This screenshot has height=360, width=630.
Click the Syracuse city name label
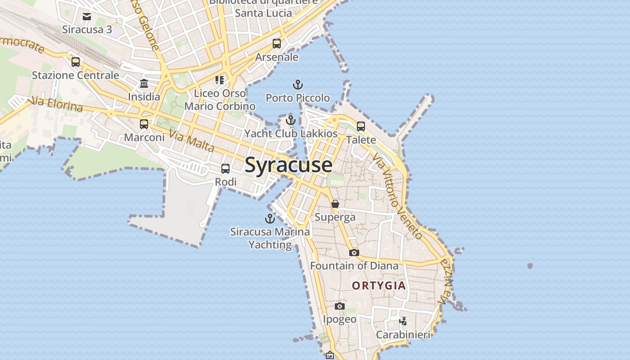coord(288,165)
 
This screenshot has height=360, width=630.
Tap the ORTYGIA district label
coord(379,286)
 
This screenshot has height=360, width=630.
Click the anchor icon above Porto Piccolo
coord(297,85)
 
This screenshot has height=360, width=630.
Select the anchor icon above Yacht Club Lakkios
coord(291,120)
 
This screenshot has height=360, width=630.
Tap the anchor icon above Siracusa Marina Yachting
coord(270,219)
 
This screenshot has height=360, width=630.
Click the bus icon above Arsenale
coord(277,44)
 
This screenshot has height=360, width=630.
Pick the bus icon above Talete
coord(361,126)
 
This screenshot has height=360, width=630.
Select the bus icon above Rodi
coord(225,169)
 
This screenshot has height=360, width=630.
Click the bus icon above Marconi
coord(144,124)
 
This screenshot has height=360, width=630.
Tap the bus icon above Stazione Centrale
coord(76,62)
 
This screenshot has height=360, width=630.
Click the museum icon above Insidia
coord(144,83)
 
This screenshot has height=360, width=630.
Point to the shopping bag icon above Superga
coord(335,204)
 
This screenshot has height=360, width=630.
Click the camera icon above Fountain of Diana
coord(354,252)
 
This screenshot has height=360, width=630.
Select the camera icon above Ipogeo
coord(340,306)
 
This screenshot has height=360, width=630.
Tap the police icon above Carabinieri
coord(403,321)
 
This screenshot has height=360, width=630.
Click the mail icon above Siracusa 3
coord(87,17)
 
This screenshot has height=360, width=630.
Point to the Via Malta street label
coord(191,141)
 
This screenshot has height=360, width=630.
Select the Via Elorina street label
coord(57,104)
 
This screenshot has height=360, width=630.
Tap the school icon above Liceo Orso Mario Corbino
coord(220,80)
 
